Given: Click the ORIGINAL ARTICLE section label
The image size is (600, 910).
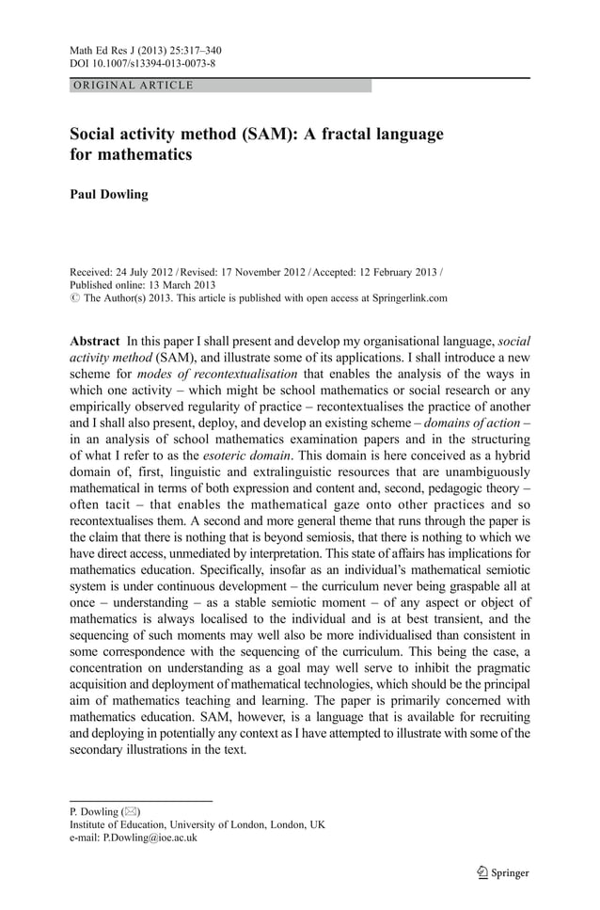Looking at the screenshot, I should (x=133, y=86).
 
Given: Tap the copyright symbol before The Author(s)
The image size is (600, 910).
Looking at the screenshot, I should (x=75, y=298).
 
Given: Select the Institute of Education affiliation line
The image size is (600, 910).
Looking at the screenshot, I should (x=197, y=824).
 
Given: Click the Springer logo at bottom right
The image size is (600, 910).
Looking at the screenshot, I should (x=502, y=872).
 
